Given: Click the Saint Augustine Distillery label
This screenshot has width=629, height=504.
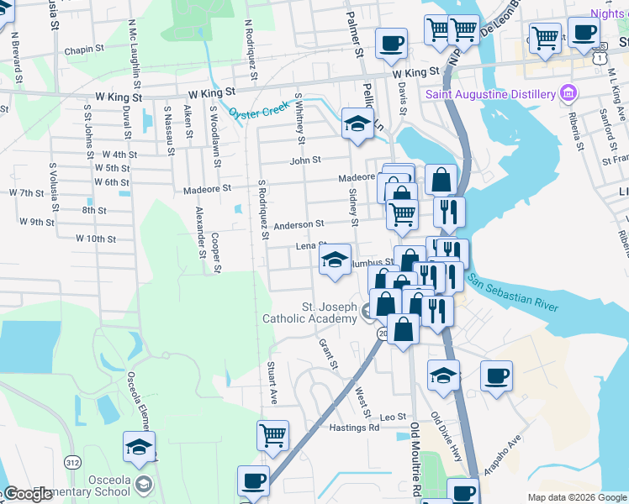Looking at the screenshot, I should coord(491,93).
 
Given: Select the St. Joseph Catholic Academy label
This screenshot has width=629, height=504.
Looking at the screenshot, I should coord(309,312).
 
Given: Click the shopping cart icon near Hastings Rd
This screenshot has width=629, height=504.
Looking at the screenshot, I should coord(272,436).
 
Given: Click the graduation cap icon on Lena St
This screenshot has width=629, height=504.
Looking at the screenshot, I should coord(335,260).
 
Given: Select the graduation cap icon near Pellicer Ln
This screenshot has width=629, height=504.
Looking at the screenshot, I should coord(357,125).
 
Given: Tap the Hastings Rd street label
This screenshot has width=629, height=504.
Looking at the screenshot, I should coord(355,428).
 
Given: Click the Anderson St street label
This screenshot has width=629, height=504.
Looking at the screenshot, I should coord(299,225).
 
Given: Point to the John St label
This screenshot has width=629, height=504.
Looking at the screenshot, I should coord(305,160).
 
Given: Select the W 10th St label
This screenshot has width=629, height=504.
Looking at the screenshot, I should coord(95,239).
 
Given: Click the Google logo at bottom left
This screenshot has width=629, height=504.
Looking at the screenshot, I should coord(28,493).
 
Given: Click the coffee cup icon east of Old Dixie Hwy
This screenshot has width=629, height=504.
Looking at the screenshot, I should coord(496,375).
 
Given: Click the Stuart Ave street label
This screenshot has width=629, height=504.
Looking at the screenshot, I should coord(272,383).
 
